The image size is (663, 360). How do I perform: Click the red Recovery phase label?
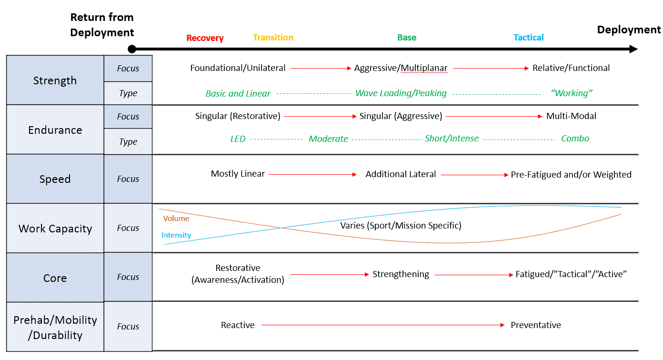coord(205,38)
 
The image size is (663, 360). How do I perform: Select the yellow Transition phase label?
coord(273,37)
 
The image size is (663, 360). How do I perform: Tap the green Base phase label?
coord(407,37)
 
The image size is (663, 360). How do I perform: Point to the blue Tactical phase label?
coord(528,37)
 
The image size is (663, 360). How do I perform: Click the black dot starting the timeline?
coord(132,49)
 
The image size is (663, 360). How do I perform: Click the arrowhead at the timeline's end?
coord(633,49)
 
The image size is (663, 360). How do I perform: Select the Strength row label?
coord(55,80)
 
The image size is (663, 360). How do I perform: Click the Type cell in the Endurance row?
coord(128,142)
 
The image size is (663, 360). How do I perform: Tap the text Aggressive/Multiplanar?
coord(401,68)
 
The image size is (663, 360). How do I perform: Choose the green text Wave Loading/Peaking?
coord(401,93)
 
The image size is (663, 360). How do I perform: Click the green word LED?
coord(238,139)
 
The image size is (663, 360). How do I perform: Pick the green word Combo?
coord(575,139)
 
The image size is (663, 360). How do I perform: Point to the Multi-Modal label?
coord(571,116)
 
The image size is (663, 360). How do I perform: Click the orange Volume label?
coord(176,218)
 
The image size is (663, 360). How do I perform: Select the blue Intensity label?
coord(176,235)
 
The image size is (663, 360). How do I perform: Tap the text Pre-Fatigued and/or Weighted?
coord(571,175)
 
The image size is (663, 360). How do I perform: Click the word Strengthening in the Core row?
coord(401,274)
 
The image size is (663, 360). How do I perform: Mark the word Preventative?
coord(536,325)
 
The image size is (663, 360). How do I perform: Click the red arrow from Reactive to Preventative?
coord(383,325)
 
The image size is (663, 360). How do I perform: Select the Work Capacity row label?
coord(55,229)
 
